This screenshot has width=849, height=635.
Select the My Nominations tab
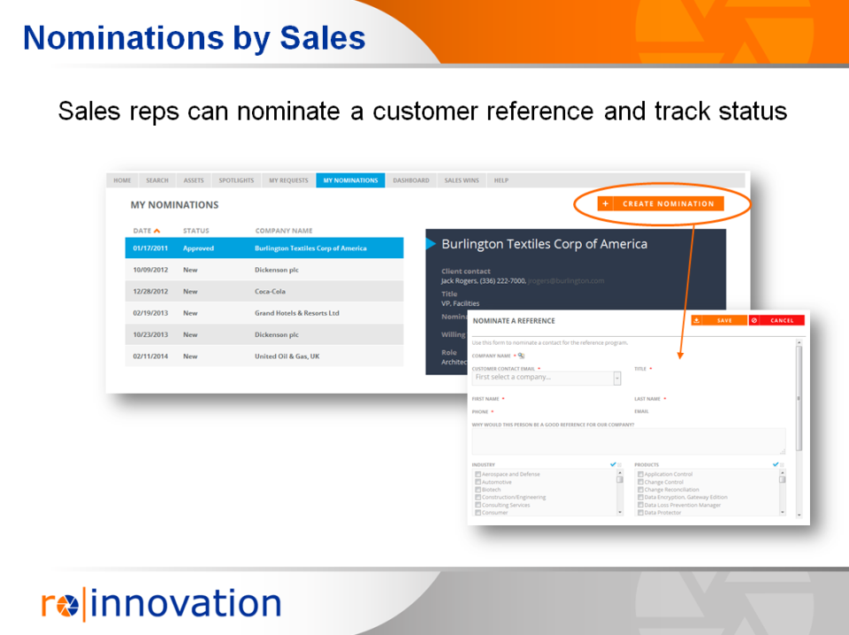350,180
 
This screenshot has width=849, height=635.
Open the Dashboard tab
411,180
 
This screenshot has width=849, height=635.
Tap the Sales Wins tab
462,180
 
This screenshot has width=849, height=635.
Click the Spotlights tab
236,180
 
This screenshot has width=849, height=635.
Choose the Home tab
122,180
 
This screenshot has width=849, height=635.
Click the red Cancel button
776,320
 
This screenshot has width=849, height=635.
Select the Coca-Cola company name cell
270,292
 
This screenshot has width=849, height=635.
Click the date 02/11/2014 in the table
149,356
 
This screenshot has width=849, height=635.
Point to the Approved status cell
198,249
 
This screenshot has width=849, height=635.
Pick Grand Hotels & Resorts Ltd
296,313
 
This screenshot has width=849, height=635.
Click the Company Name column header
284,231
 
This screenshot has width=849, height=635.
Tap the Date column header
142,231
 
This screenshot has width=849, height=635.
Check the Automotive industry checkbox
478,482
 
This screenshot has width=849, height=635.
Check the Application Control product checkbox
641,474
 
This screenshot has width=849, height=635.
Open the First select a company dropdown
546,378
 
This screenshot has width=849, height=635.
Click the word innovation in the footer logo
187,604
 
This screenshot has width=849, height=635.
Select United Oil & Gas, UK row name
287,356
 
